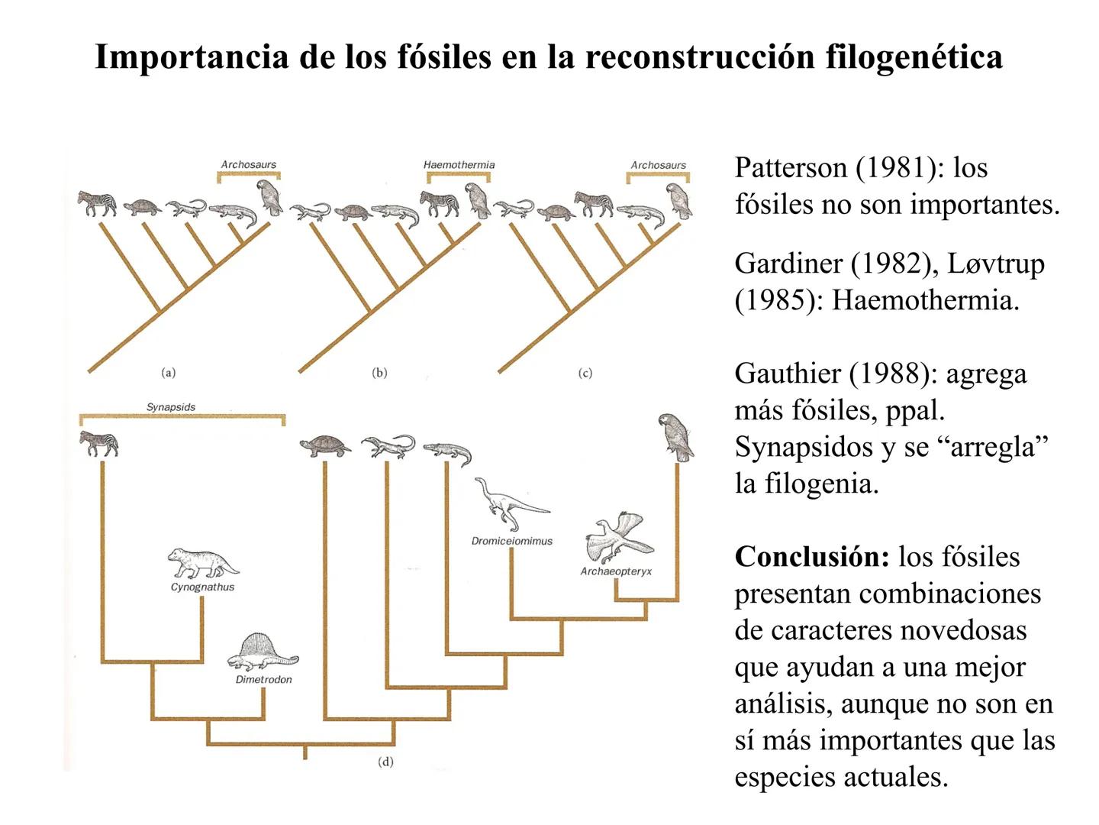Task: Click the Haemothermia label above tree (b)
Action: click(x=459, y=165)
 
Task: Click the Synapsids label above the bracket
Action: click(x=171, y=407)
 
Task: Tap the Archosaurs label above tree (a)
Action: click(x=248, y=165)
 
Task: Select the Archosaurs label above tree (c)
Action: click(x=658, y=165)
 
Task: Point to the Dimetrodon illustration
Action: click(x=263, y=652)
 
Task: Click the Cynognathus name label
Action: click(x=202, y=587)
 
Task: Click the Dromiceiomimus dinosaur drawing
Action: click(x=508, y=503)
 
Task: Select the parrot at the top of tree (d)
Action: click(x=675, y=437)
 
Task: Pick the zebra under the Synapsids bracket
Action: click(x=99, y=443)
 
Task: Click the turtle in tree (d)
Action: click(x=325, y=445)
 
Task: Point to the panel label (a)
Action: click(x=169, y=373)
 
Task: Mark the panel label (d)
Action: click(x=386, y=762)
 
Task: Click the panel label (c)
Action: click(x=585, y=373)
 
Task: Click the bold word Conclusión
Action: click(x=812, y=557)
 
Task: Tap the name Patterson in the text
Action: click(x=791, y=168)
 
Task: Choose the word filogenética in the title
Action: click(x=914, y=57)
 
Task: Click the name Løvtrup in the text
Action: click(x=996, y=264)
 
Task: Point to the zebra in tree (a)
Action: click(x=98, y=204)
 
